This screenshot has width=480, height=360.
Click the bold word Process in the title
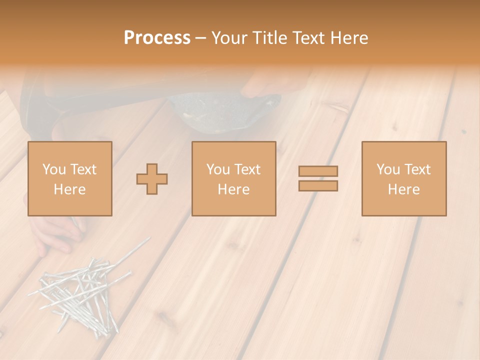(x=157, y=38)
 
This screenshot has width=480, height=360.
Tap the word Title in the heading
(x=270, y=38)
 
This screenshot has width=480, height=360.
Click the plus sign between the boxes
(x=152, y=179)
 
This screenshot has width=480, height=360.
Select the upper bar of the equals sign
(x=318, y=171)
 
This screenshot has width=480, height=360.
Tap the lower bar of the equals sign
(x=318, y=185)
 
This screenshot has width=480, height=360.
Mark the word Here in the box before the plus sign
(x=69, y=189)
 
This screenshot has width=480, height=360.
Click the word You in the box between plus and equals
(x=218, y=169)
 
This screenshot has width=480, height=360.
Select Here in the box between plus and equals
(x=233, y=189)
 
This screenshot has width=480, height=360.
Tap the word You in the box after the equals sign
(x=388, y=169)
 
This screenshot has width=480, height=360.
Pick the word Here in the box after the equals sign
(x=403, y=189)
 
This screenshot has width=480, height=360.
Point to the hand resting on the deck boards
(x=52, y=232)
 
